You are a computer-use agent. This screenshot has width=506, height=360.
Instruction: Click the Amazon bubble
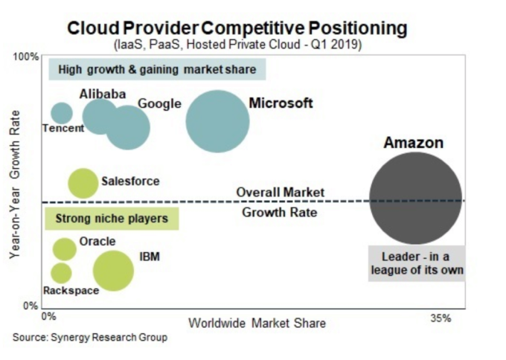(416, 200)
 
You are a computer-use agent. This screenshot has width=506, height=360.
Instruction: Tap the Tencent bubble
(62, 114)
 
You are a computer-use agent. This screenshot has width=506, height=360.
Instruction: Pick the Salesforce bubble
(83, 183)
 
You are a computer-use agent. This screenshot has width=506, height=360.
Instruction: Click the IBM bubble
(113, 270)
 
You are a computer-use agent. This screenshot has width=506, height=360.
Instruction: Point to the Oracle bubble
(65, 249)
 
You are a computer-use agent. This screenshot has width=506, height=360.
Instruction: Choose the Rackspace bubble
(61, 272)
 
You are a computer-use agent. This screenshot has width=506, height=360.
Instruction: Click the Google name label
(159, 104)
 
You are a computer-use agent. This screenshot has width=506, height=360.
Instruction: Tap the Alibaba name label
(103, 94)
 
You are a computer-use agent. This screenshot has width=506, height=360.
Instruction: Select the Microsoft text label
(281, 103)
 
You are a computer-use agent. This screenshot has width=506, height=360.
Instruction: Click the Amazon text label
(413, 143)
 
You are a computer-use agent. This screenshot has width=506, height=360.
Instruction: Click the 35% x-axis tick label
(441, 318)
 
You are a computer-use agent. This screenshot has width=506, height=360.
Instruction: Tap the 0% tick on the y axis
(31, 306)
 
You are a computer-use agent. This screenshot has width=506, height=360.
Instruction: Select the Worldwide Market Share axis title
(257, 323)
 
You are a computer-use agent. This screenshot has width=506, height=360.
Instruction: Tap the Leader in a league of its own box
(417, 263)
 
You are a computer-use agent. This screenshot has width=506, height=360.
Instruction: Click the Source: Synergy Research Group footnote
(90, 338)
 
